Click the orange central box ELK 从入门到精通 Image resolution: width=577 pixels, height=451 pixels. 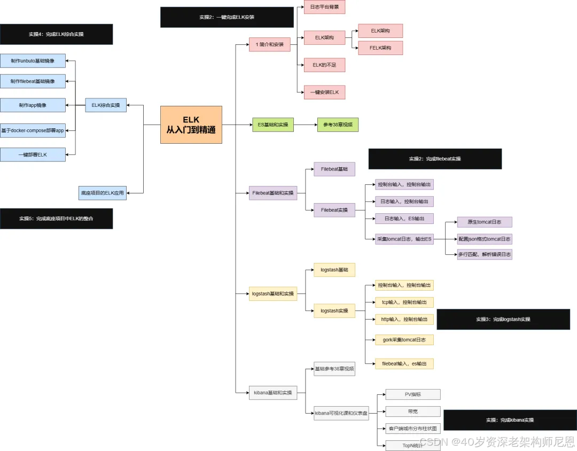191,125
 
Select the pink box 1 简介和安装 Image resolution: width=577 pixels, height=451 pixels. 270,44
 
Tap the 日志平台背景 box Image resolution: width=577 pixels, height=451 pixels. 324,6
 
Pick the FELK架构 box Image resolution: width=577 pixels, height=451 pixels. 380,48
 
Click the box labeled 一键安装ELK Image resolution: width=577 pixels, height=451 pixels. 324,92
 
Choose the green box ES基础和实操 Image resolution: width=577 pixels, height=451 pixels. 273,125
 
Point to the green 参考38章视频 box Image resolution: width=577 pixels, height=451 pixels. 338,125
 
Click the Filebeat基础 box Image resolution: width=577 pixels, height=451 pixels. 334,169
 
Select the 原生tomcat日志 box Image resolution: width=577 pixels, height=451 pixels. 485,222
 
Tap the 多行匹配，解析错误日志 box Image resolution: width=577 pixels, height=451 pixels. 485,254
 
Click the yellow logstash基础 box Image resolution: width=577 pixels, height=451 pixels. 334,270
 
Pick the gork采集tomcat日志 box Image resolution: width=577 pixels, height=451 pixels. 404,340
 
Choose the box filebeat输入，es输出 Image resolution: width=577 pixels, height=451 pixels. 404,364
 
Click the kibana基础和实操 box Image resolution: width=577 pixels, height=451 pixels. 273,393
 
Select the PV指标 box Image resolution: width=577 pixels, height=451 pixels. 412,394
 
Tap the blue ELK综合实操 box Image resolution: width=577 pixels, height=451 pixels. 106,105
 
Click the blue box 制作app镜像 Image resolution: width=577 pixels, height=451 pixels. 33,105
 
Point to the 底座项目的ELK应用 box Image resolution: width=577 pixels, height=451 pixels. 103,192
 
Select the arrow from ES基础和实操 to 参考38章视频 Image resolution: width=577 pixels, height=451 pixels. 305,125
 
